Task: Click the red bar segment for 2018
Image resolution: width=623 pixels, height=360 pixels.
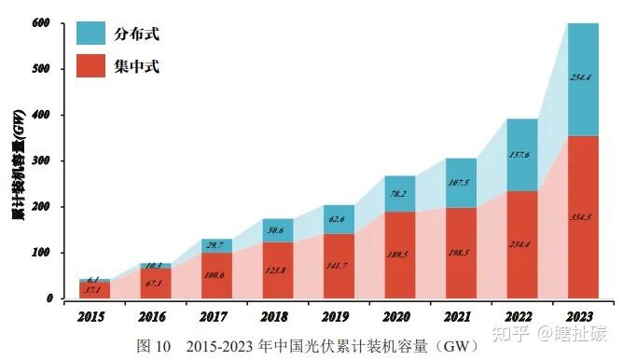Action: coord(278,270)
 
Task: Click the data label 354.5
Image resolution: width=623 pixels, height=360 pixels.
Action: coord(583,216)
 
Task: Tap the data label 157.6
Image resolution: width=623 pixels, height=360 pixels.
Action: coord(523,155)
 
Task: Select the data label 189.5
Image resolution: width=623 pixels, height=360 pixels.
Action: coord(400,252)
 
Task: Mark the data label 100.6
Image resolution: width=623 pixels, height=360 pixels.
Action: coord(216,275)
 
